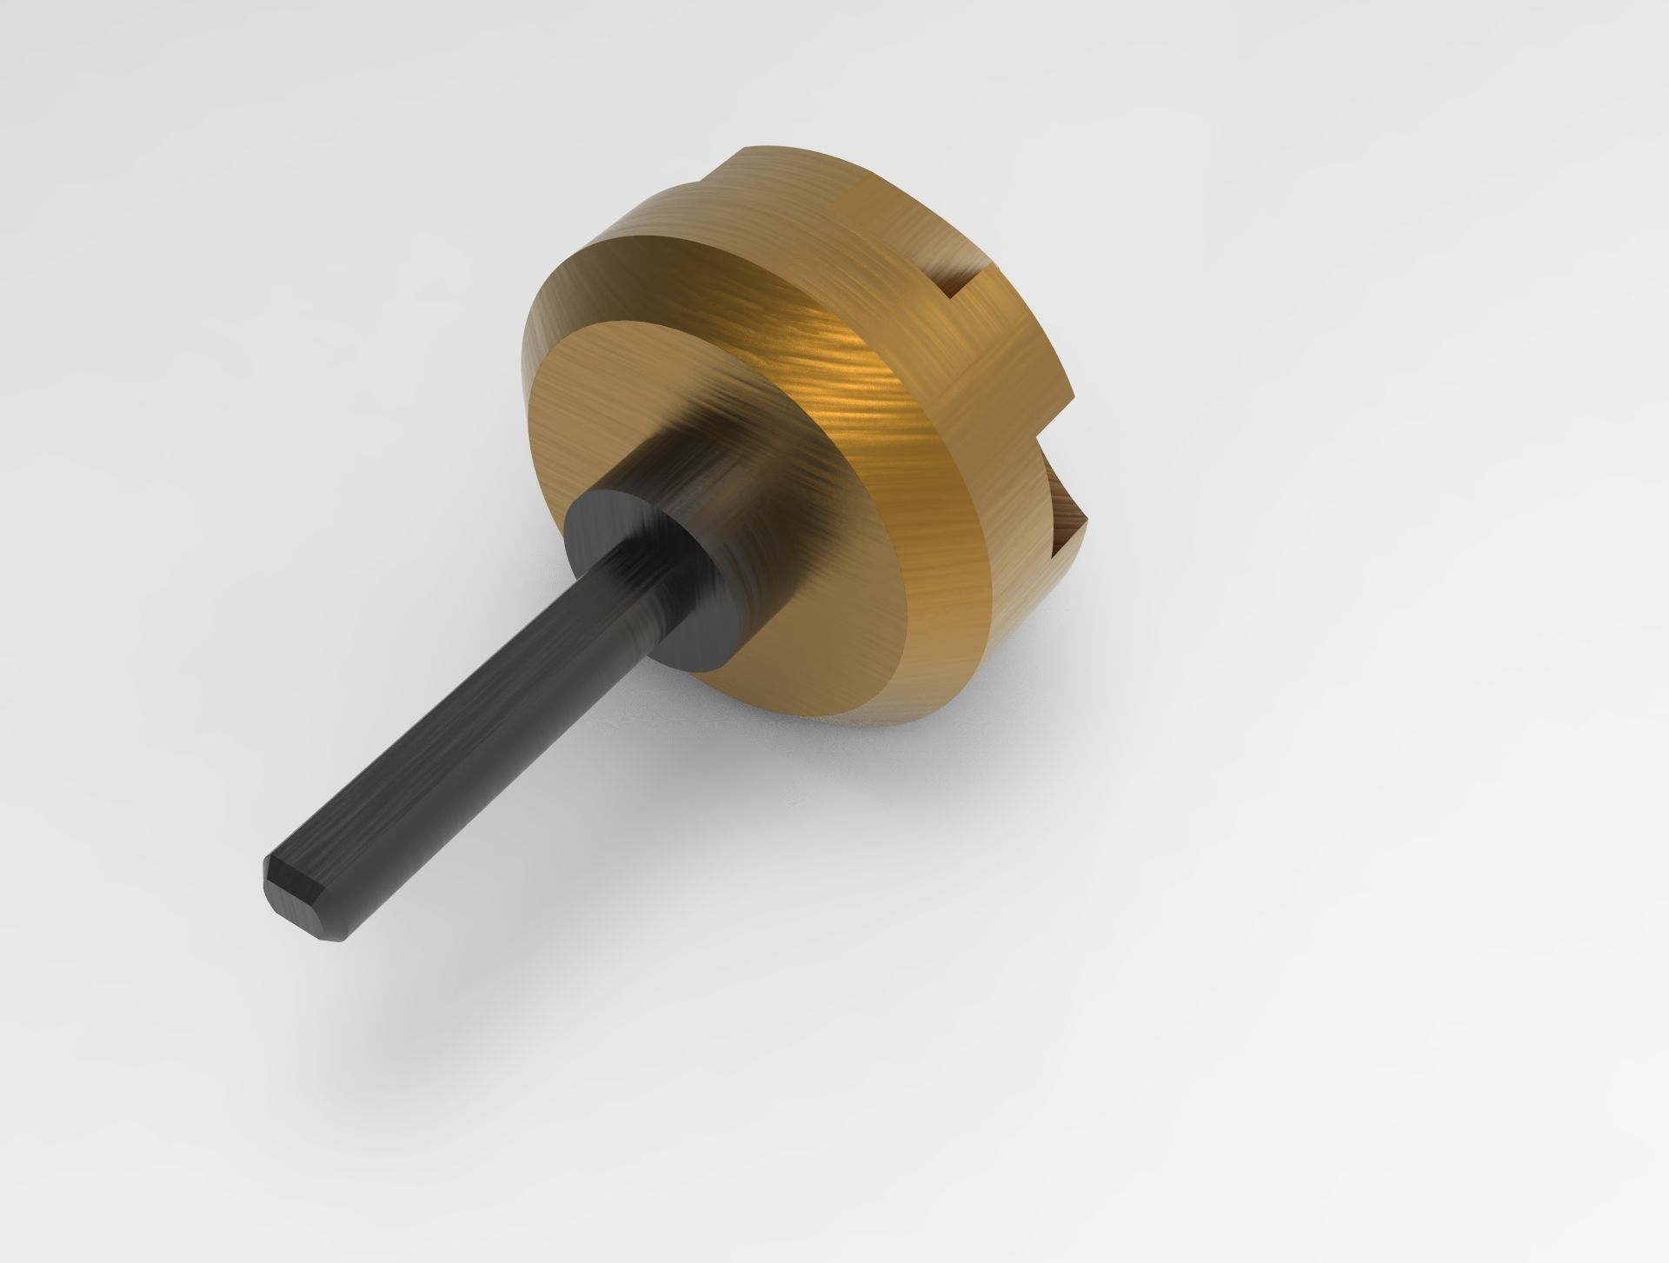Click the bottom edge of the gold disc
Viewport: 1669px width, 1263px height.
[x=869, y=713]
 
